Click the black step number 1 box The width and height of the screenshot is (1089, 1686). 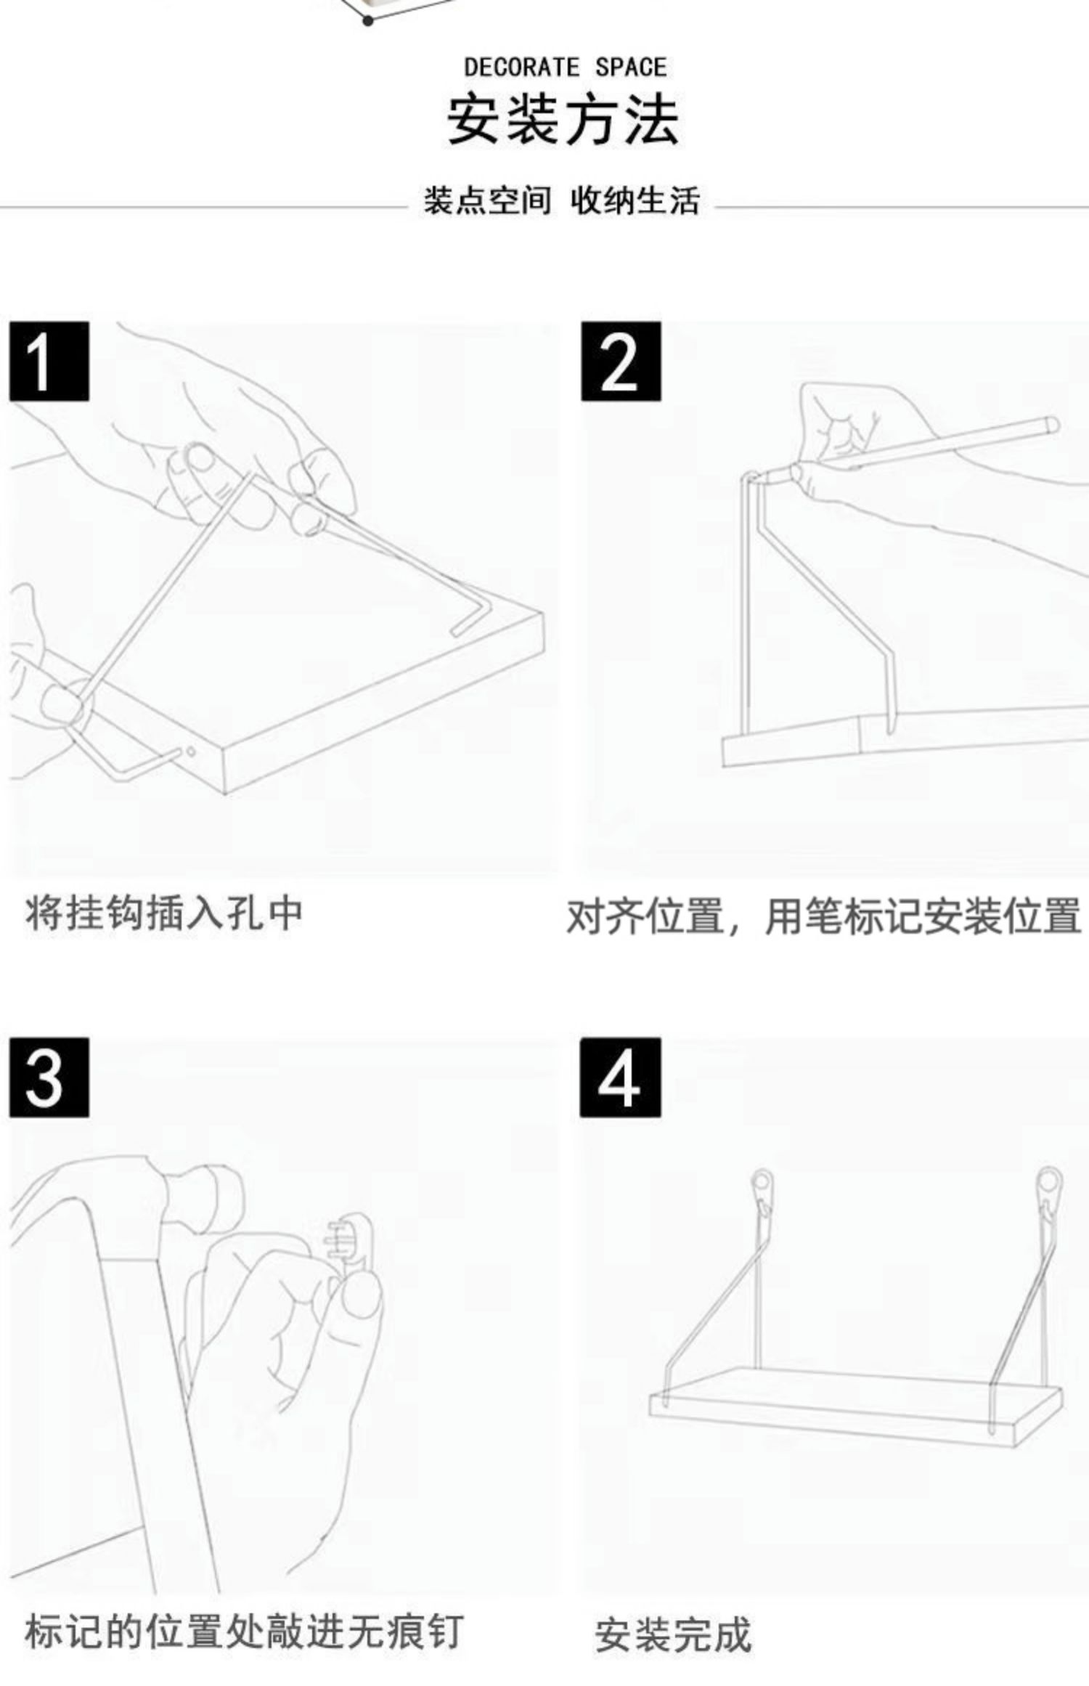tap(49, 361)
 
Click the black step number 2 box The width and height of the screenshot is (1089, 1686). tap(620, 361)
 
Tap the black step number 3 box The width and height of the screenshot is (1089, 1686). tap(49, 1077)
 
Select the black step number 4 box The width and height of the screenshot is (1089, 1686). tap(620, 1077)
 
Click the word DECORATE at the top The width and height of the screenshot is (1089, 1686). tap(521, 68)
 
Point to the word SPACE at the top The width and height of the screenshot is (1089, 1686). tap(630, 68)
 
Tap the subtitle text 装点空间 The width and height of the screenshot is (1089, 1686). tap(487, 200)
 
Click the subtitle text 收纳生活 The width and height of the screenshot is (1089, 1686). tap(635, 200)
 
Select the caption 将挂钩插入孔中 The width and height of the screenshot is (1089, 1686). tap(164, 913)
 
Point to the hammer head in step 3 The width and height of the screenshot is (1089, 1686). tap(203, 1191)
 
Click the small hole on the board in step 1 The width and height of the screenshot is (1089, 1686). tap(190, 752)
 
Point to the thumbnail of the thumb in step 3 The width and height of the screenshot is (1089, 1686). tap(361, 1296)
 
